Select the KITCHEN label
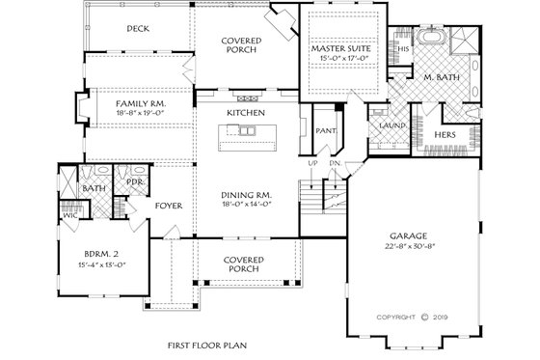[x=245, y=113]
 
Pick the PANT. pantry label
[x=326, y=129]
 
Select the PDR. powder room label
[x=135, y=180]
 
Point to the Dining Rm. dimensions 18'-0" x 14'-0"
[x=245, y=205]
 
